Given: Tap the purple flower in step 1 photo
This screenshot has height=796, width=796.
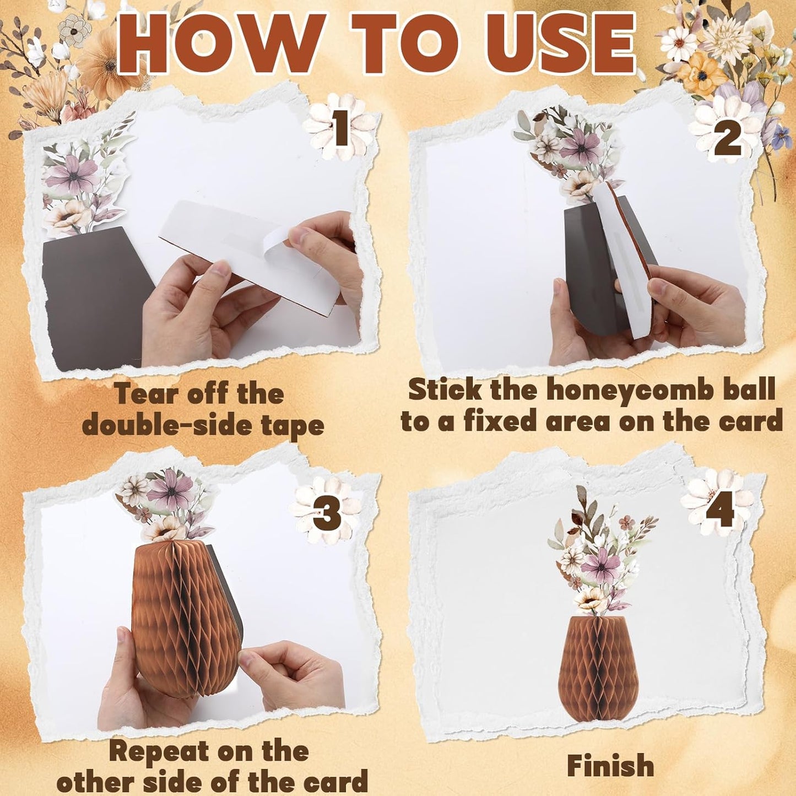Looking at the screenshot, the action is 72,175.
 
